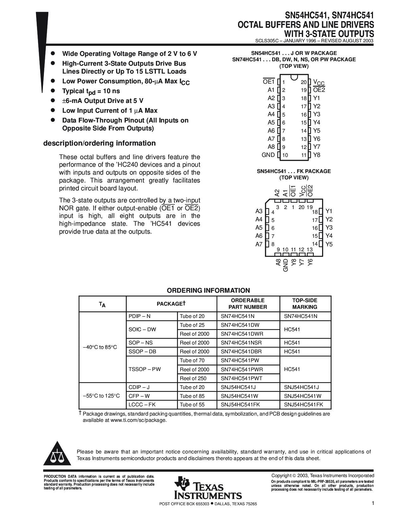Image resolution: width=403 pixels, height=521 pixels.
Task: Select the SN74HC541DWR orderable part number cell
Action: click(x=242, y=334)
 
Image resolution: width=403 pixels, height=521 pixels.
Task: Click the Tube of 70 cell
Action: click(x=192, y=360)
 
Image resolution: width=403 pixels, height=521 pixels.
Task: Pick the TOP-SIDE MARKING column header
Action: click(x=305, y=303)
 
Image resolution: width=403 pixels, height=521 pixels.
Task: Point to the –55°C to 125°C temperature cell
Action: click(x=101, y=396)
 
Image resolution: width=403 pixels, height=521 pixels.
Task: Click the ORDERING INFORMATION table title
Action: click(x=208, y=290)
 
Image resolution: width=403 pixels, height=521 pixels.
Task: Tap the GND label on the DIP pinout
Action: click(x=268, y=155)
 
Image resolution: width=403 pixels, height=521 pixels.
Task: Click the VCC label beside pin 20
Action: click(x=319, y=82)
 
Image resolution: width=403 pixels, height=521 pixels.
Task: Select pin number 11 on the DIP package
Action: click(x=304, y=155)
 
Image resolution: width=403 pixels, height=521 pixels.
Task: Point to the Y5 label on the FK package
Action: click(x=329, y=244)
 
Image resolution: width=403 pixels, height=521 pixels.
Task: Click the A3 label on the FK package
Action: click(x=259, y=211)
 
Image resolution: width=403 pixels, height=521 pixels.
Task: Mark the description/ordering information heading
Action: click(x=99, y=143)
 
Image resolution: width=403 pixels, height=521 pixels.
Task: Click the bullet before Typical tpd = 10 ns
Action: click(x=53, y=91)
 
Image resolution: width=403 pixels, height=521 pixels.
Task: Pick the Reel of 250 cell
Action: click(x=193, y=378)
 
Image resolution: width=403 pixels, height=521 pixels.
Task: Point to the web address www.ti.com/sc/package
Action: click(x=138, y=420)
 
